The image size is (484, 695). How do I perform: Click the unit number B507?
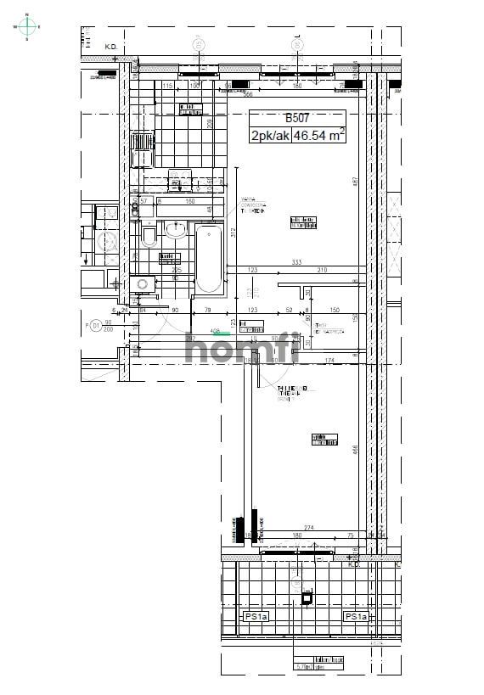coord(296,119)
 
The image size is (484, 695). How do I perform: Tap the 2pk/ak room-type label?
coord(268,135)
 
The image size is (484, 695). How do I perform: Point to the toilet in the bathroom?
coord(149,234)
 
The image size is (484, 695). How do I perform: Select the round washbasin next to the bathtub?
coord(177,229)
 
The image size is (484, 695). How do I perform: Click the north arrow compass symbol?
coord(27,26)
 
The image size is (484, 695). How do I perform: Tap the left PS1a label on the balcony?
coord(256,616)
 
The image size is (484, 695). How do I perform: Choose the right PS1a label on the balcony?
coord(355,616)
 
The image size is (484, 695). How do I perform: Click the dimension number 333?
coord(296,262)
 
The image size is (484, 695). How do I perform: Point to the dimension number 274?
coord(308,528)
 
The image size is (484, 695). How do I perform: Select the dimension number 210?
coord(323,270)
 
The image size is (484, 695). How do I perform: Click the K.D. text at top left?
coord(110,48)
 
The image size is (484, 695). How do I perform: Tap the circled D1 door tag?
coord(95,324)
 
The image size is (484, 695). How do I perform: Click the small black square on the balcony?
coord(307,597)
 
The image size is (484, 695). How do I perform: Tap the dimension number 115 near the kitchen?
coord(167,86)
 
